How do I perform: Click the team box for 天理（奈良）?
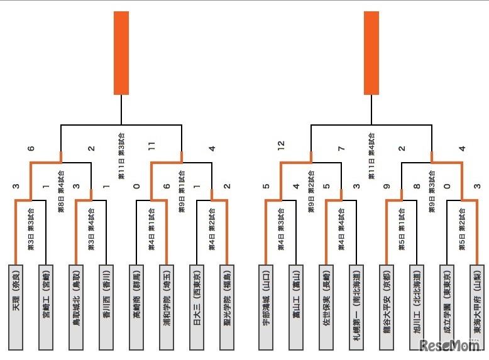click(x=16, y=307)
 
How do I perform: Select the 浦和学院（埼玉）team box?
click(x=167, y=307)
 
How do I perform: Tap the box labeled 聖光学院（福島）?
click(x=227, y=307)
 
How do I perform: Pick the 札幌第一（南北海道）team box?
click(x=356, y=307)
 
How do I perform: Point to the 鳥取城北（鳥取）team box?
click(x=76, y=307)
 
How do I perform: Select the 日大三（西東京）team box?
click(x=197, y=307)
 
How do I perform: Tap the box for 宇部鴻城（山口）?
click(x=265, y=307)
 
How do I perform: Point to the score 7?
click(x=341, y=148)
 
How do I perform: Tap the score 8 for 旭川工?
click(x=417, y=187)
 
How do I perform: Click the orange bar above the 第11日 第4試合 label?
click(x=371, y=53)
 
